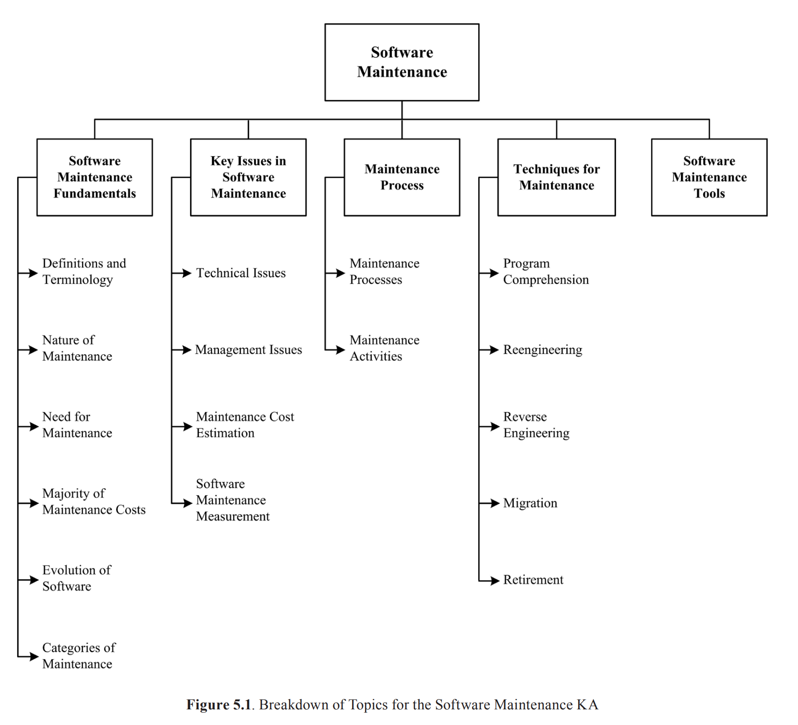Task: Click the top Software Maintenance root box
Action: pyautogui.click(x=402, y=62)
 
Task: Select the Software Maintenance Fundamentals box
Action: pyautogui.click(x=95, y=177)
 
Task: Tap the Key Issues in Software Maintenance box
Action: pyautogui.click(x=248, y=177)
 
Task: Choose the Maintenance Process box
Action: pyautogui.click(x=402, y=177)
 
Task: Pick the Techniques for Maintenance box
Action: pyautogui.click(x=556, y=177)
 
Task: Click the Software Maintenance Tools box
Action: pyautogui.click(x=709, y=177)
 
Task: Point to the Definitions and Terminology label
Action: pyautogui.click(x=84, y=271)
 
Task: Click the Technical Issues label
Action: pyautogui.click(x=241, y=273)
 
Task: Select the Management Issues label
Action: pyautogui.click(x=248, y=350)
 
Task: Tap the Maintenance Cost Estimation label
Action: pyautogui.click(x=245, y=425)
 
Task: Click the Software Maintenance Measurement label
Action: pyautogui.click(x=232, y=500)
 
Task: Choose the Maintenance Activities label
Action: pyautogui.click(x=384, y=348)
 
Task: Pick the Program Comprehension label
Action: pyautogui.click(x=545, y=271)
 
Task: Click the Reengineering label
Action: pyautogui.click(x=543, y=350)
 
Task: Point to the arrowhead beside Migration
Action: pyautogui.click(x=495, y=503)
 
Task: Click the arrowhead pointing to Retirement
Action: pyautogui.click(x=495, y=581)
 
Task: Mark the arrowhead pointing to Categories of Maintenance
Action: pyautogui.click(x=34, y=657)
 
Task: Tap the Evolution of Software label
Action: pyautogui.click(x=76, y=578)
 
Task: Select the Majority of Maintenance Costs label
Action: pyautogui.click(x=93, y=501)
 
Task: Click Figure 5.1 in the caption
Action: pyautogui.click(x=218, y=705)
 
